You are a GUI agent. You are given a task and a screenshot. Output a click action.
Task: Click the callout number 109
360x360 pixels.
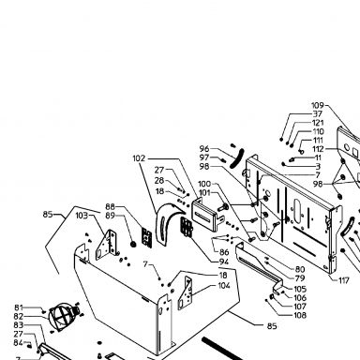(x=318, y=105)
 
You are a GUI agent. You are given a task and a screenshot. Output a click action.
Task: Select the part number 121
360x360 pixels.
(x=318, y=123)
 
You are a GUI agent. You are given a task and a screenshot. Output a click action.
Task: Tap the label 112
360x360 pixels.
(x=318, y=149)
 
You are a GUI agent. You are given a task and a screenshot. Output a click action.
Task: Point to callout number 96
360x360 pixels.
(x=204, y=149)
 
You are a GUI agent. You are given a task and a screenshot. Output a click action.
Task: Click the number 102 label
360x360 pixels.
(x=139, y=158)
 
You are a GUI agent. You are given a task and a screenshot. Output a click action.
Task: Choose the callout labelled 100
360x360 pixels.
(x=204, y=184)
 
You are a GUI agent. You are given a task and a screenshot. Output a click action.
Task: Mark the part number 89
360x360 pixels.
(x=111, y=216)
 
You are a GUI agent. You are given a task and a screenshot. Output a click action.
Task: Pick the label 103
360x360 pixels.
(x=82, y=216)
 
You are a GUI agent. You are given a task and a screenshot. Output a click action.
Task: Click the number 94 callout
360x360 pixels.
(x=224, y=262)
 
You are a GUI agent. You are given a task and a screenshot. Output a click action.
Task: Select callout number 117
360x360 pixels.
(x=344, y=280)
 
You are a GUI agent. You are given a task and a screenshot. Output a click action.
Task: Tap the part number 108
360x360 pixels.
(x=300, y=315)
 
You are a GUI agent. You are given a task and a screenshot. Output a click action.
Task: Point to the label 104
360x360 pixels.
(x=224, y=285)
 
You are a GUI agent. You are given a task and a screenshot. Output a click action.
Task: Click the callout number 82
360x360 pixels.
(x=19, y=317)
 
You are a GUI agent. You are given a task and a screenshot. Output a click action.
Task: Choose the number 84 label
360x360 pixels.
(x=18, y=343)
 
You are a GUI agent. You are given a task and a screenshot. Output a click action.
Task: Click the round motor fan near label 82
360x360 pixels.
(x=64, y=314)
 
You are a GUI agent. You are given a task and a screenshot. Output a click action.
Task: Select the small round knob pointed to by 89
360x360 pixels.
(x=133, y=244)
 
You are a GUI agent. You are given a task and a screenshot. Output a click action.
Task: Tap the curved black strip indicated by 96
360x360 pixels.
(x=236, y=158)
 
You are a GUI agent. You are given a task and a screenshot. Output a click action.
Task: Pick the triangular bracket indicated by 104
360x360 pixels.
(x=185, y=292)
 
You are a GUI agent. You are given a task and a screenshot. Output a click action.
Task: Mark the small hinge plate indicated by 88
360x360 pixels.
(x=146, y=237)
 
